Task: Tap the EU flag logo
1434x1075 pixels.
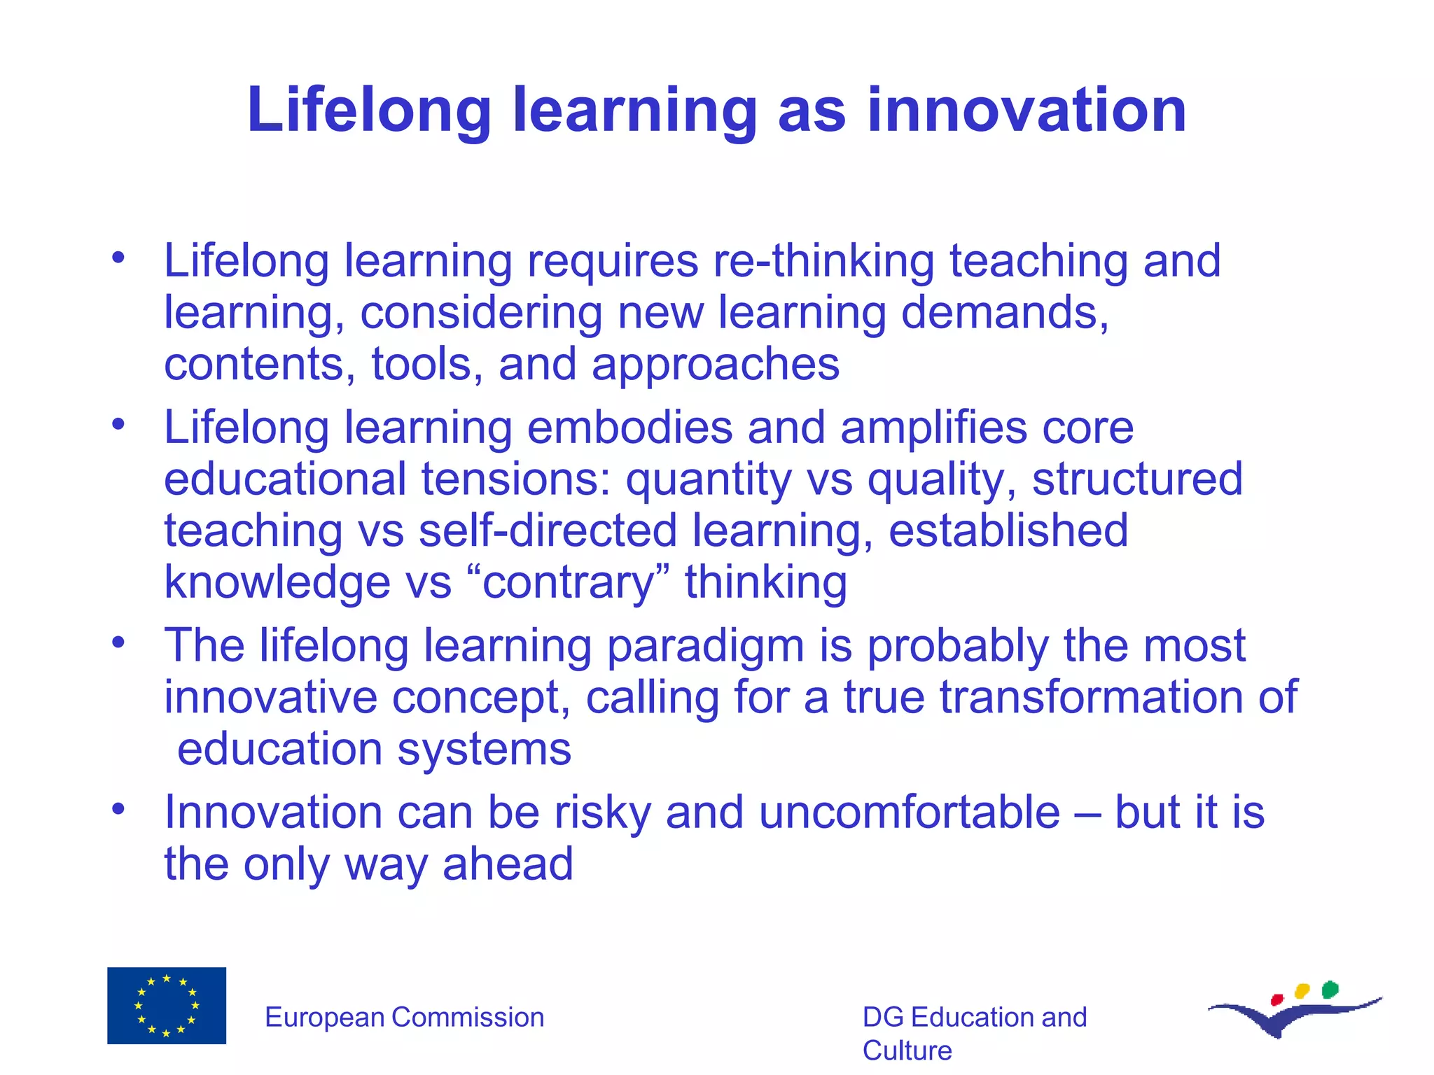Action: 167,1005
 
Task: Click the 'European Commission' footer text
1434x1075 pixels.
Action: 404,1017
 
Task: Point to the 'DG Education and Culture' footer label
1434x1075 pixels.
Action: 974,1033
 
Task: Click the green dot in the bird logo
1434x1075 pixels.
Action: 1330,990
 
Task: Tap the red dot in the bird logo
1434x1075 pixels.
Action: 1276,999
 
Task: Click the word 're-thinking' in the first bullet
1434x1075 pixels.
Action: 823,260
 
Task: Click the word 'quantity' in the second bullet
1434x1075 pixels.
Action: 708,479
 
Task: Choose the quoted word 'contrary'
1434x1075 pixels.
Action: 567,582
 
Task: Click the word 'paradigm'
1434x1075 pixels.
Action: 705,645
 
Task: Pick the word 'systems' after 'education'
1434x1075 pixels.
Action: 484,749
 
